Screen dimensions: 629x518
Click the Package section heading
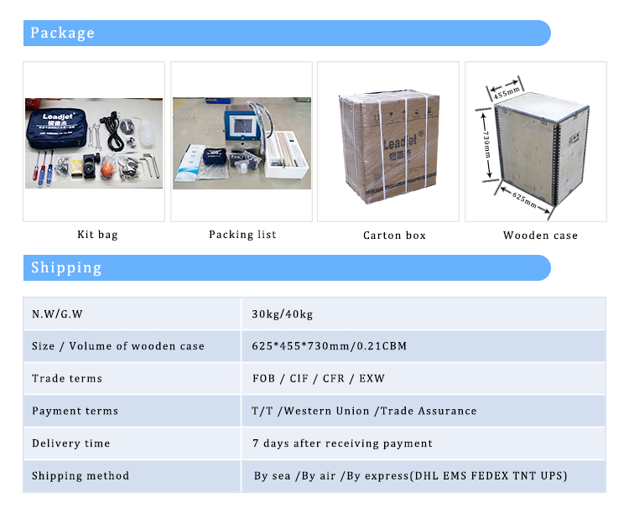point(63,33)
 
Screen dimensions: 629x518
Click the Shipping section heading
point(66,267)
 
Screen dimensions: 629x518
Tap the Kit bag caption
point(97,235)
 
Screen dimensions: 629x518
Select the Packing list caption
point(242,235)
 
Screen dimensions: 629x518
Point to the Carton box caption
point(394,236)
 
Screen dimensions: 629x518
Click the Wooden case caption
point(540,236)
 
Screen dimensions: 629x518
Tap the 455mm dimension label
point(507,92)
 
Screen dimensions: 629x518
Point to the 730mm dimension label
point(486,144)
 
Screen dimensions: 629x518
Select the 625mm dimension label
point(524,199)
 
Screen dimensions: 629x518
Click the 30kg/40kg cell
point(283,314)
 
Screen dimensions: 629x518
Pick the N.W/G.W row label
point(57,314)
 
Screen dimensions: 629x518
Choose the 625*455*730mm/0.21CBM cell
point(330,346)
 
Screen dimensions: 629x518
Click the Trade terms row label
point(67,379)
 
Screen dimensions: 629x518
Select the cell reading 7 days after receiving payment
point(342,443)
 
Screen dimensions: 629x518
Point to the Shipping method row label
point(81,476)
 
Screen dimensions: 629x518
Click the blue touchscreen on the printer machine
point(243,126)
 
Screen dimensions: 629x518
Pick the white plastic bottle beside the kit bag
point(147,132)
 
